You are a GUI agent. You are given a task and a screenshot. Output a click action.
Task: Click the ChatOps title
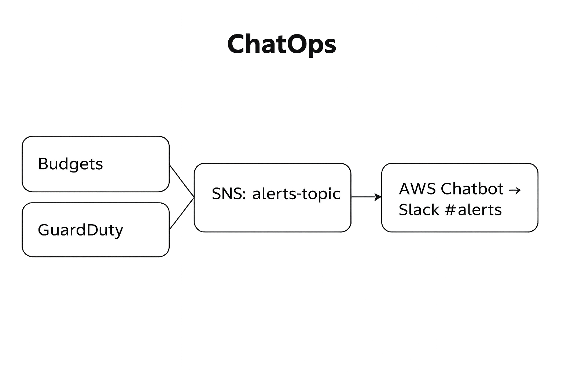click(281, 44)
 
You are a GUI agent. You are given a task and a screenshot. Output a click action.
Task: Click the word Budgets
click(70, 164)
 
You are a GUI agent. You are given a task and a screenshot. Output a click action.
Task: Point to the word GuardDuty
click(80, 230)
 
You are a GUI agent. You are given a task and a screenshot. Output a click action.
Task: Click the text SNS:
click(229, 194)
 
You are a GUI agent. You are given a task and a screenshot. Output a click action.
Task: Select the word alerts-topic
click(296, 194)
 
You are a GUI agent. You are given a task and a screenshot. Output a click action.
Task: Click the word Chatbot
click(472, 189)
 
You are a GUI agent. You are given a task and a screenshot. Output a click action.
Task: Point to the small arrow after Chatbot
click(515, 190)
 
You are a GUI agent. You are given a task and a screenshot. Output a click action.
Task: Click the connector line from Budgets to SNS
click(181, 181)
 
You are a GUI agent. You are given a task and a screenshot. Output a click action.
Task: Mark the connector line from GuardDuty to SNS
click(181, 214)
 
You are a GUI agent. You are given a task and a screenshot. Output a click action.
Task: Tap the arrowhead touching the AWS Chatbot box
click(378, 197)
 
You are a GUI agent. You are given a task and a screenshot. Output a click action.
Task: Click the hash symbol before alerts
click(450, 210)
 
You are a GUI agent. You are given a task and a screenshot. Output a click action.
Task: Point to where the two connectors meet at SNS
click(194, 197)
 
